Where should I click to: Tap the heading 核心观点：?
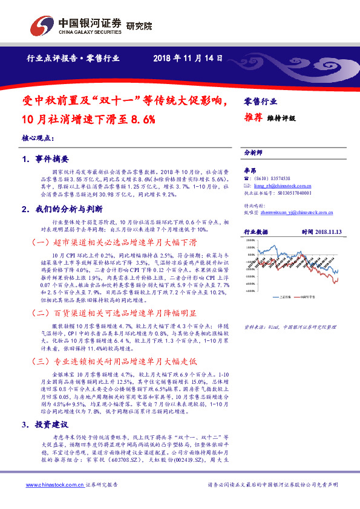(38, 138)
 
